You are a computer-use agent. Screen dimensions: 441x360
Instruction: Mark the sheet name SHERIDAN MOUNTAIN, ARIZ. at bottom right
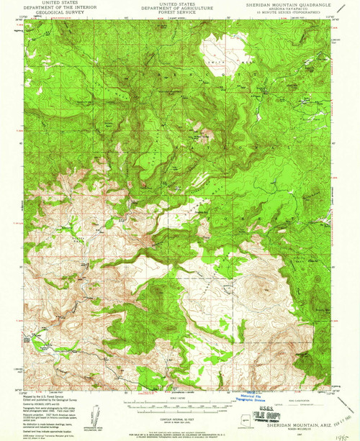[295, 428]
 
